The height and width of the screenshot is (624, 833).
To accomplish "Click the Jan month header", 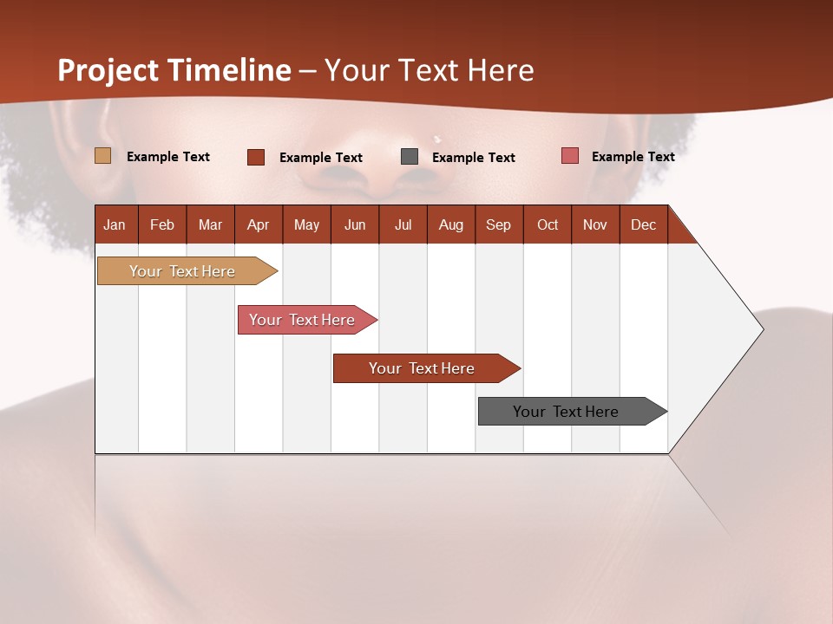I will point(115,224).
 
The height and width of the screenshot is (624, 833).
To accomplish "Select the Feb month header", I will point(162,224).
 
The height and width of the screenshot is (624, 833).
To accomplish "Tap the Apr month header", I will point(258,224).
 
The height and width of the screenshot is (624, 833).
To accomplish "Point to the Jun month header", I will point(355,224).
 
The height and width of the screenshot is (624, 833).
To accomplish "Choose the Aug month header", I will point(450,224).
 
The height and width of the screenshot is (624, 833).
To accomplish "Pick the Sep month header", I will point(498,224).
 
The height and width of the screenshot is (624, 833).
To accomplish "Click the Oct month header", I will point(548,224).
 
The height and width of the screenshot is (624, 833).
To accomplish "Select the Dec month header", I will point(643,224).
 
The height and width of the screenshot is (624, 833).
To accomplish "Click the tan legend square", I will point(102,156).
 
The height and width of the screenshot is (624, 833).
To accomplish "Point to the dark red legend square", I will point(256,157).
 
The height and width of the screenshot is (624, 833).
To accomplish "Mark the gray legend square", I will point(410,157).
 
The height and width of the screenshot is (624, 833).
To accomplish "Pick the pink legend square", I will point(569,156).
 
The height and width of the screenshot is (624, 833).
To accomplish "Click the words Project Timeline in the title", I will point(174,70).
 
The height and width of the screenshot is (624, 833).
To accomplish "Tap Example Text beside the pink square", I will point(633,157).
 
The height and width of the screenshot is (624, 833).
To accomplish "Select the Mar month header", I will point(210,224).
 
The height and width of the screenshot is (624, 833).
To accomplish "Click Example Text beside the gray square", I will point(473,158).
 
